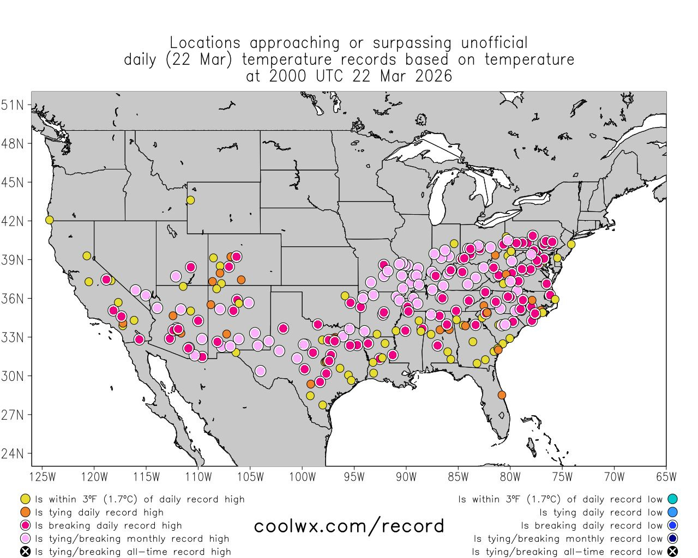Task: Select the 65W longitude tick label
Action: pyautogui.click(x=666, y=477)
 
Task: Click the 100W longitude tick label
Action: pyautogui.click(x=302, y=477)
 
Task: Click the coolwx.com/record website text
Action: pyautogui.click(x=349, y=526)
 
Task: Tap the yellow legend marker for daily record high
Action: pyautogui.click(x=25, y=499)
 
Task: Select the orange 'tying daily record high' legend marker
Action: pyautogui.click(x=25, y=512)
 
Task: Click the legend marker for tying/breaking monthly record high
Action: pyautogui.click(x=25, y=538)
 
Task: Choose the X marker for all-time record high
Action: pyautogui.click(x=25, y=551)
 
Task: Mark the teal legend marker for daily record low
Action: pyautogui.click(x=672, y=499)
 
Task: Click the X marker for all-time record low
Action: pyautogui.click(x=672, y=551)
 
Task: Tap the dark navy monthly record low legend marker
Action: pyautogui.click(x=672, y=538)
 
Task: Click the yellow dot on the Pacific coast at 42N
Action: pyautogui.click(x=49, y=220)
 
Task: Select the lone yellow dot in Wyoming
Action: pyautogui.click(x=190, y=200)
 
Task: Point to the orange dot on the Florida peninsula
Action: pyautogui.click(x=502, y=395)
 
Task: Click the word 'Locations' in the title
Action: pyautogui.click(x=204, y=43)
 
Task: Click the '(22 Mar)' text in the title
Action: pyautogui.click(x=195, y=59)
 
